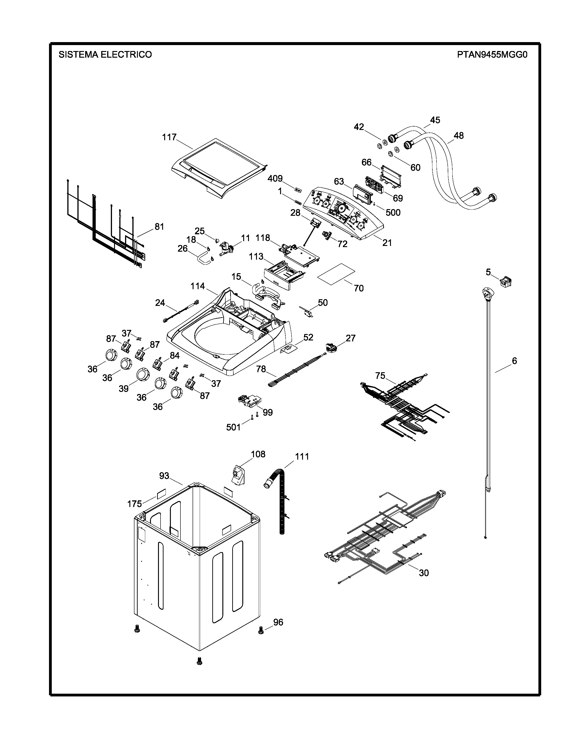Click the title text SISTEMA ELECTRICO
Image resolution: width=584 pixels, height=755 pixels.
[x=105, y=55]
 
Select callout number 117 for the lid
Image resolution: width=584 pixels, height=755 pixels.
[x=169, y=137]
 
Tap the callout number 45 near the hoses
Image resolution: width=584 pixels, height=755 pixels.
[x=435, y=120]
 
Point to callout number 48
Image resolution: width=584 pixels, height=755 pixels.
[x=458, y=135]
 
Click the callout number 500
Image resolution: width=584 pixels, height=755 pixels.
[x=393, y=212]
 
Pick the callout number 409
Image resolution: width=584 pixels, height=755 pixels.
[x=275, y=178]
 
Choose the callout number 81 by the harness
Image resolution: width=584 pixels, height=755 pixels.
[x=159, y=227]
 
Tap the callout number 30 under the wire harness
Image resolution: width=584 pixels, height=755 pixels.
[x=424, y=573]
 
